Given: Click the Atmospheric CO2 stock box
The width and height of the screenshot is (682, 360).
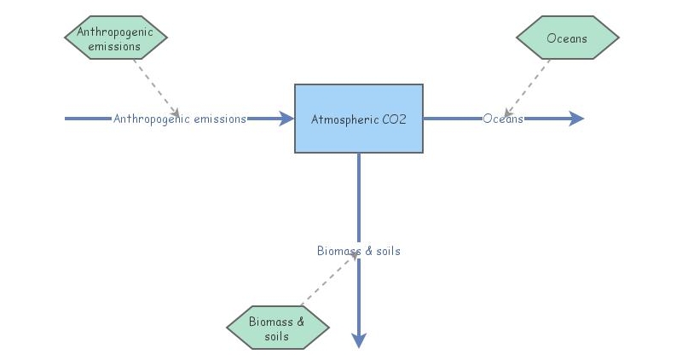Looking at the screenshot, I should tap(358, 118).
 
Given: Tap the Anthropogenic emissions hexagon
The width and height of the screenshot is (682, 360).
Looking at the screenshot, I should tap(116, 38).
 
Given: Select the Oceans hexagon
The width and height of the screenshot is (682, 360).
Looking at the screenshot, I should tap(567, 38).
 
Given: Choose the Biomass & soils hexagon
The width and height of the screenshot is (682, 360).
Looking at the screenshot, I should tap(277, 328).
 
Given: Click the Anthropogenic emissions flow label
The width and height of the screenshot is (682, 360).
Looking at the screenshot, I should tap(180, 119).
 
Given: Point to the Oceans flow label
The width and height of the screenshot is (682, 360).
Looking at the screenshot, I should tap(503, 119).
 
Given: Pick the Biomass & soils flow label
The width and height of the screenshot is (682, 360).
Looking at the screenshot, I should tap(358, 251).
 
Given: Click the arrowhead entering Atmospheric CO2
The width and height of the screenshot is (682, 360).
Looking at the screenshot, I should tap(286, 119).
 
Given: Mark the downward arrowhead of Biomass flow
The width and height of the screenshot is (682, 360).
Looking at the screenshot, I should tap(359, 340).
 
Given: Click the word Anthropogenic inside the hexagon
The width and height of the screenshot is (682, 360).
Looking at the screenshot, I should tap(116, 32).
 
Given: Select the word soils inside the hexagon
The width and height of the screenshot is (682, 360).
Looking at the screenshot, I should tap(277, 336).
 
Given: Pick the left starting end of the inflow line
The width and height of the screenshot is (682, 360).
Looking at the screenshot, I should tap(67, 119).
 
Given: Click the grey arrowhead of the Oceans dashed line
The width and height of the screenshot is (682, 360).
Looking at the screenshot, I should tap(507, 113).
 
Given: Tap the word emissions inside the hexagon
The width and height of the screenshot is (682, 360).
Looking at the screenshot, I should tap(116, 46).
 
